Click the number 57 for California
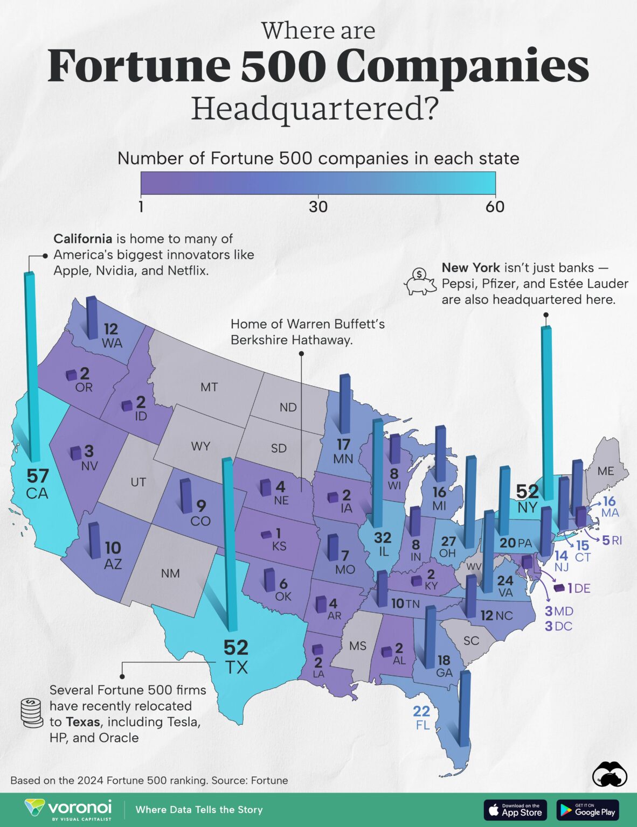point(38,476)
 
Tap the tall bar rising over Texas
point(229,544)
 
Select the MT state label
point(209,387)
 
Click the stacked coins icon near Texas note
point(31,713)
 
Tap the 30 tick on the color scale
point(318,207)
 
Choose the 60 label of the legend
point(495,207)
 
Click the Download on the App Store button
point(516,810)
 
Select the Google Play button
point(588,810)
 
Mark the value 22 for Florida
point(421,711)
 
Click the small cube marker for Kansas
point(266,535)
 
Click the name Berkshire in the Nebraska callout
point(257,340)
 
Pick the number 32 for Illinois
point(383,537)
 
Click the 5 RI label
point(612,540)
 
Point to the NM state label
point(170,573)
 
